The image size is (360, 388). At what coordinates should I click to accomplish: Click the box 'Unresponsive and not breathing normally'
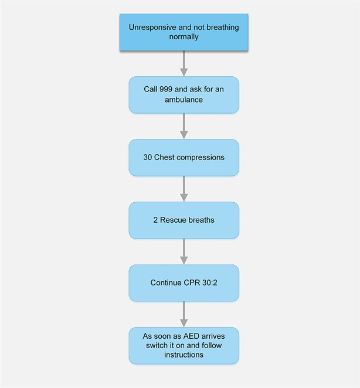tap(184, 32)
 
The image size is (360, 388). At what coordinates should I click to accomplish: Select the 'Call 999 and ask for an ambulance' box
tap(184, 94)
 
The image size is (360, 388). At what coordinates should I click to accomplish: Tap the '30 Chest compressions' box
tap(184, 158)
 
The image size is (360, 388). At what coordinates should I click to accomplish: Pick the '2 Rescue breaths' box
tap(184, 220)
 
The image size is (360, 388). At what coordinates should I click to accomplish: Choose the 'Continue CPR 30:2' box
tap(184, 283)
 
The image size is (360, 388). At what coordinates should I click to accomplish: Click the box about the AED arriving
tap(184, 346)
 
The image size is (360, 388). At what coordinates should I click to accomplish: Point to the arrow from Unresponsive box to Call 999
tap(184, 63)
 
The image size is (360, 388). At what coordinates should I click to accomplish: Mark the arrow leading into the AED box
tap(184, 314)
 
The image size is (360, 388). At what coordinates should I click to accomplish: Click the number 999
tap(168, 90)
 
